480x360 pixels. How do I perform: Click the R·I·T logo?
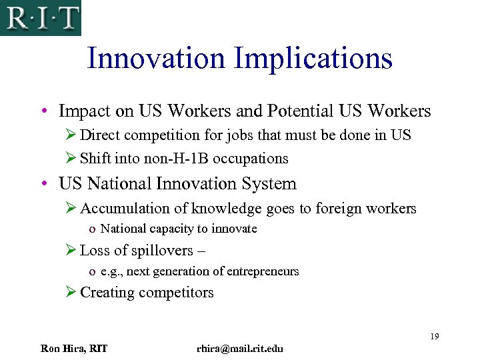coord(40,17)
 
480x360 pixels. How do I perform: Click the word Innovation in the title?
coord(157,58)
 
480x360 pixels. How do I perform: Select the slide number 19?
coord(434,336)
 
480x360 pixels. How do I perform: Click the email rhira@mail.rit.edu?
coord(240,349)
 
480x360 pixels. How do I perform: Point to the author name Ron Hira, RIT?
coord(74,349)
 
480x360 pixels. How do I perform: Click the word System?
coord(269,183)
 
